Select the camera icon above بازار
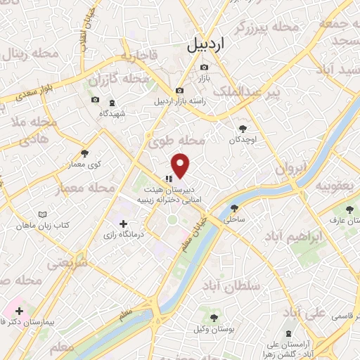pyautogui.click(x=204, y=67)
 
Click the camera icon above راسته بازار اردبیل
pyautogui.click(x=180, y=91)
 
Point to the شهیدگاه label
pyautogui.click(x=112, y=113)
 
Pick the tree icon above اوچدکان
pyautogui.click(x=243, y=129)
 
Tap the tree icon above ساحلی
pyautogui.click(x=234, y=208)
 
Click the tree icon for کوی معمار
pyautogui.click(x=85, y=152)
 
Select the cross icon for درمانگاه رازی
pyautogui.click(x=124, y=224)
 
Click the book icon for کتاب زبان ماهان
pyautogui.click(x=44, y=214)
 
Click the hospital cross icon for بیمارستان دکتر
pyautogui.click(x=20, y=310)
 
